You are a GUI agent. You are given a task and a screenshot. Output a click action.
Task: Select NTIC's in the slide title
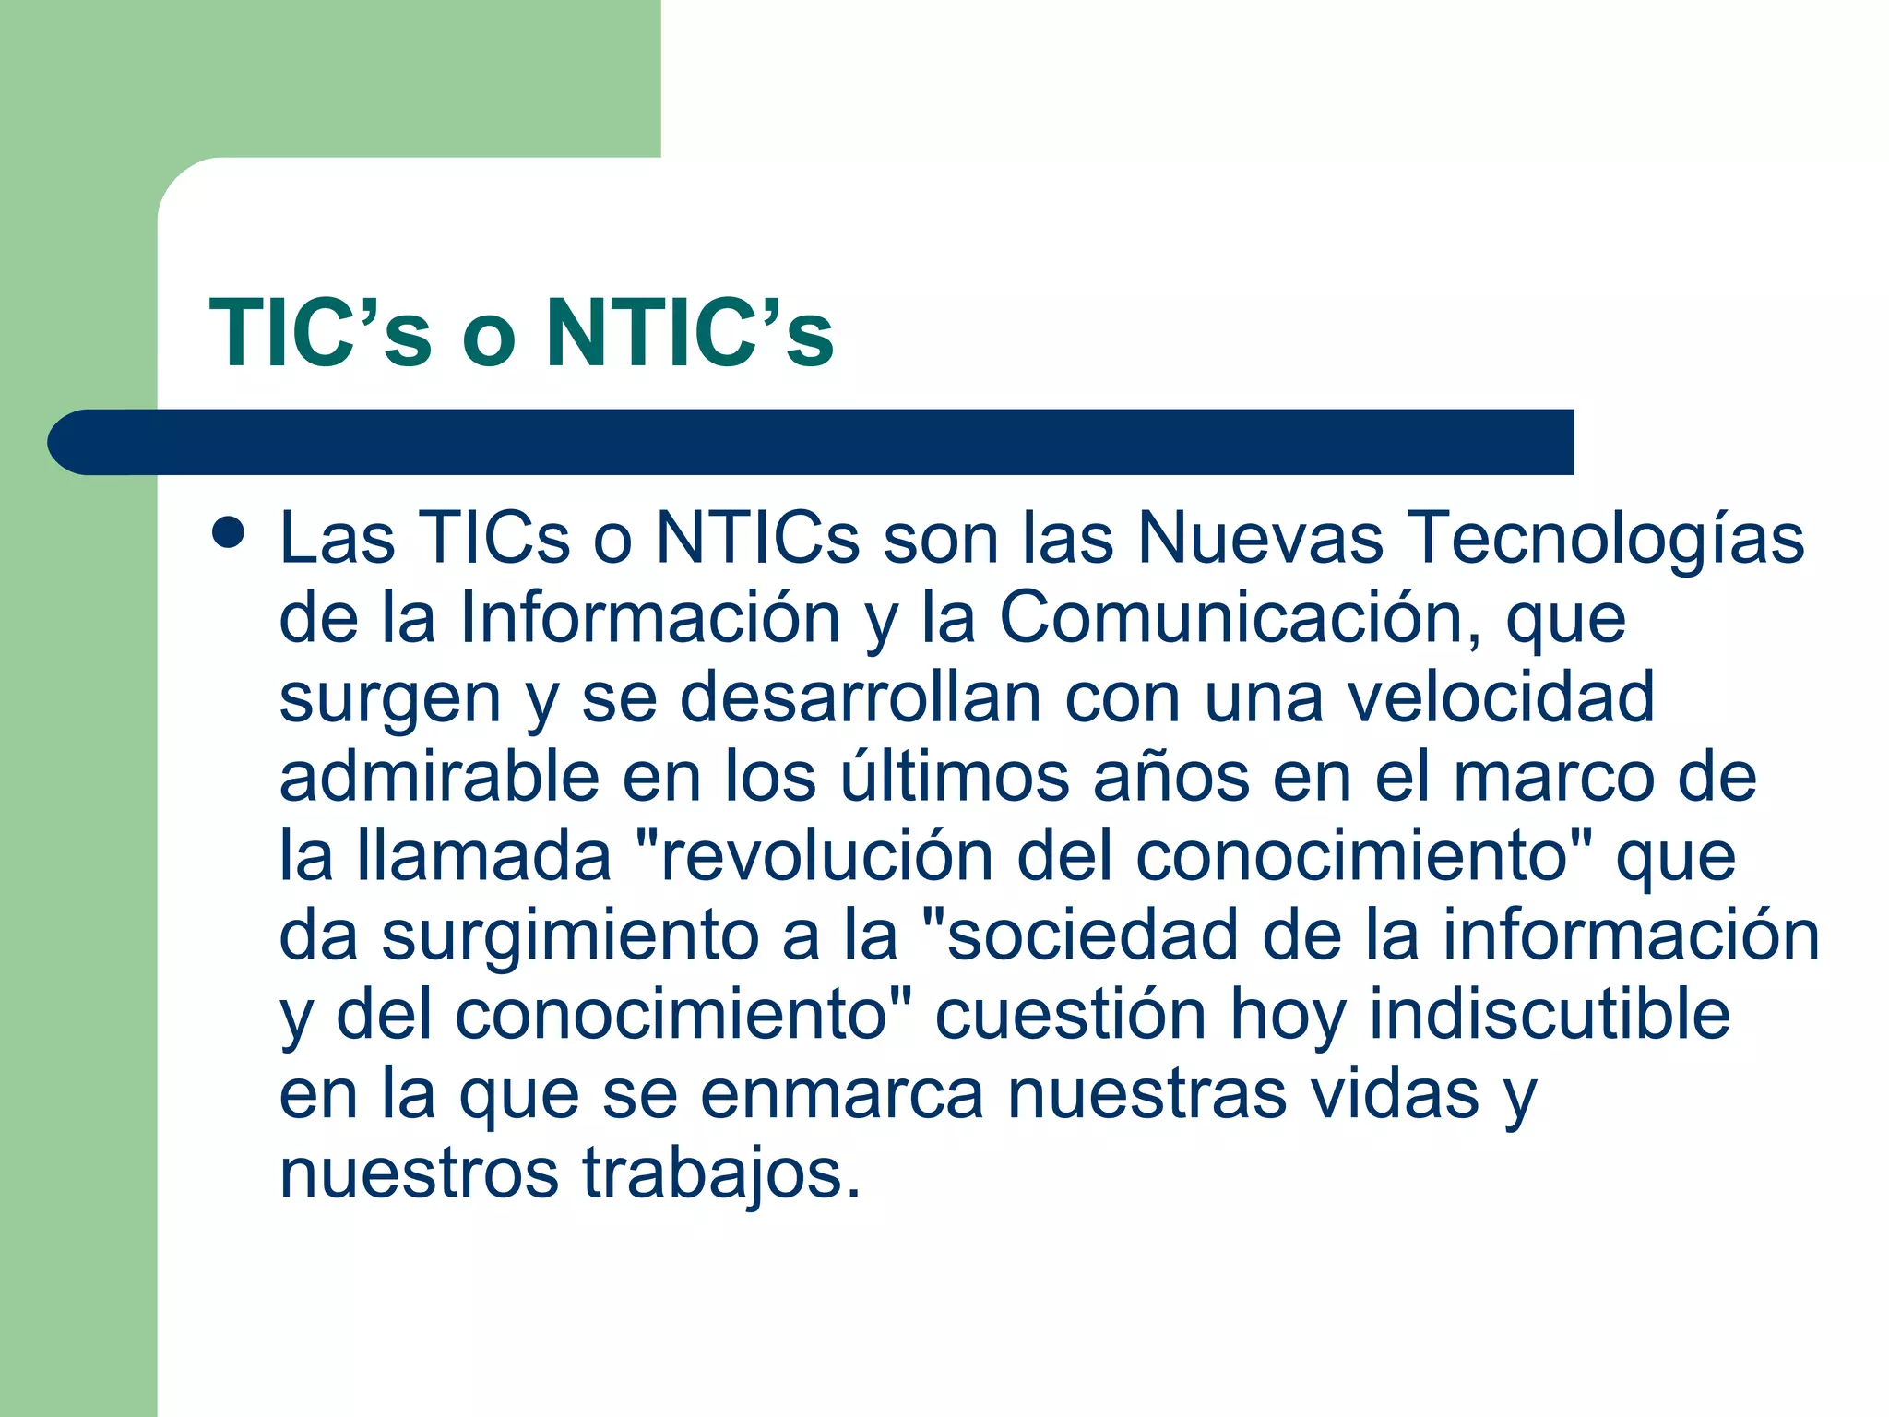pos(690,333)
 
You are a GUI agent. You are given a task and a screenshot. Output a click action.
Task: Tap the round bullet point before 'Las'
pos(228,532)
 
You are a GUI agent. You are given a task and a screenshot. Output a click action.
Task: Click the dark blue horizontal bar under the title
pos(812,442)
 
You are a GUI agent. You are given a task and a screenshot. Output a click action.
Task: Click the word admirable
pos(439,777)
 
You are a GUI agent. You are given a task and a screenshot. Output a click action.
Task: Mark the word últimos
pos(955,777)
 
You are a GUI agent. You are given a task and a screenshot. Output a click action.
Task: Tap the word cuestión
pos(1071,1015)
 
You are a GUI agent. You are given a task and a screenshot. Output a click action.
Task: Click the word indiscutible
pos(1549,1015)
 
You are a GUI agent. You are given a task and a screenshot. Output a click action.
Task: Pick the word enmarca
pos(841,1095)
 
